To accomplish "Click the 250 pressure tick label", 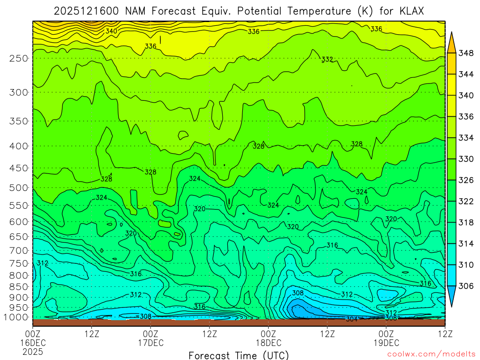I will (19, 58).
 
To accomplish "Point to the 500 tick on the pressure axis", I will (19, 188).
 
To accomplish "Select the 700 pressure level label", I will (19, 250).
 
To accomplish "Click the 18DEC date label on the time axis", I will (268, 343).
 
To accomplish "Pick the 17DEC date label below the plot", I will (150, 343).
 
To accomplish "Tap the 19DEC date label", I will (386, 343).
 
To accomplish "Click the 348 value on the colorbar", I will (466, 53).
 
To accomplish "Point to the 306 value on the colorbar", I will (466, 286).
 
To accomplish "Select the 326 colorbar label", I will (466, 180).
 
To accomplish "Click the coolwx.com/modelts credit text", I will (431, 354).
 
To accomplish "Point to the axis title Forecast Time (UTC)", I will (239, 355).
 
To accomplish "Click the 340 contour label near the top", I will (112, 31).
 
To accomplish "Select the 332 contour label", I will (327, 60).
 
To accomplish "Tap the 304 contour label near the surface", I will (352, 319).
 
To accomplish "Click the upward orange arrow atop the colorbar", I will (451, 41).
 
